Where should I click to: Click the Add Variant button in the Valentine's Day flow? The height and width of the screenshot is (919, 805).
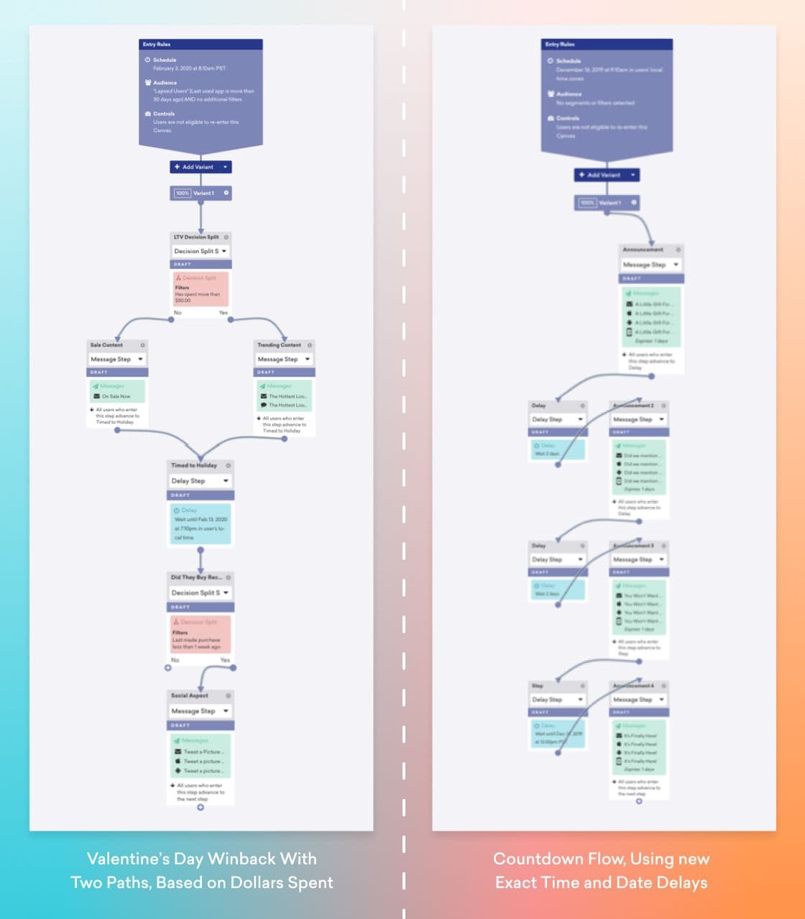pyautogui.click(x=201, y=167)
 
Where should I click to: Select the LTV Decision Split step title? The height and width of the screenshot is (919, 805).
pyautogui.click(x=196, y=237)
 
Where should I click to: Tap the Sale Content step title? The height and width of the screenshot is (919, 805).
pyautogui.click(x=107, y=345)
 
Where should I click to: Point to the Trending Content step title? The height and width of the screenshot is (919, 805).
pyautogui.click(x=280, y=345)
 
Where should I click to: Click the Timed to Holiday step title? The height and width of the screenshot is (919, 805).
pyautogui.click(x=194, y=465)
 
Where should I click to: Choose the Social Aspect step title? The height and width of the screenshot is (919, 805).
pyautogui.click(x=190, y=695)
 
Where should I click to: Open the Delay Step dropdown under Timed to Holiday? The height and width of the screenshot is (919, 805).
pyautogui.click(x=201, y=480)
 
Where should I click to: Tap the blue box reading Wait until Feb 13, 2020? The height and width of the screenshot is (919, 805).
pyautogui.click(x=201, y=524)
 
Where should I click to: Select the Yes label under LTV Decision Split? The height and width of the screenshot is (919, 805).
pyautogui.click(x=224, y=313)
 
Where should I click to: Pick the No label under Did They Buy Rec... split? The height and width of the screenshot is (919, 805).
pyautogui.click(x=175, y=660)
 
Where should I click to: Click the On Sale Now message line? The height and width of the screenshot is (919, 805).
pyautogui.click(x=116, y=396)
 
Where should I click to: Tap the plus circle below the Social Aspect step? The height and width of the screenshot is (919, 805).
pyautogui.click(x=201, y=807)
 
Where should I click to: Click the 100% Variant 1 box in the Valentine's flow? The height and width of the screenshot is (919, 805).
pyautogui.click(x=201, y=193)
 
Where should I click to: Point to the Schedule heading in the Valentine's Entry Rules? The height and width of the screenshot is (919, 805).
pyautogui.click(x=165, y=60)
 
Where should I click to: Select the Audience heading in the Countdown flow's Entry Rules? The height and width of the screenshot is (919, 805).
pyautogui.click(x=569, y=93)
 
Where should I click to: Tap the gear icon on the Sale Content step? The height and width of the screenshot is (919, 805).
pyautogui.click(x=143, y=345)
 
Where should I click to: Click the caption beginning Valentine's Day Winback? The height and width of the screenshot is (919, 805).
pyautogui.click(x=201, y=870)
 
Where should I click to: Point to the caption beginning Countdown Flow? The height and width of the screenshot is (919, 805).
pyautogui.click(x=601, y=870)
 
